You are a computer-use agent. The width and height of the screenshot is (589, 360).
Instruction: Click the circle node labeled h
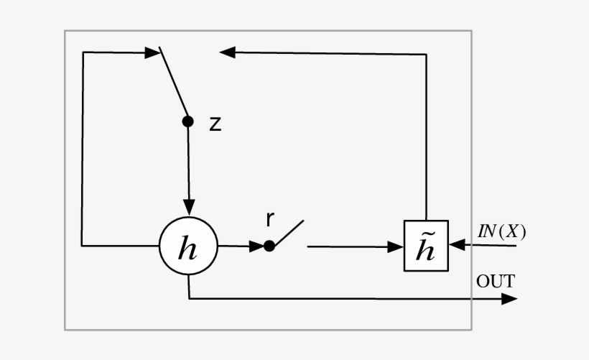pyautogui.click(x=188, y=246)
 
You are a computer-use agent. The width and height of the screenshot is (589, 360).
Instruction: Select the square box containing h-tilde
pyautogui.click(x=426, y=246)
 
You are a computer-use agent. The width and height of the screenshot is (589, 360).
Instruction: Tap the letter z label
pyautogui.click(x=215, y=124)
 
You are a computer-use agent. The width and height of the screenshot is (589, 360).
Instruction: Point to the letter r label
pyautogui.click(x=269, y=220)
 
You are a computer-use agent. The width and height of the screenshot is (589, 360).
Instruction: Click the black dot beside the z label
pyautogui.click(x=188, y=121)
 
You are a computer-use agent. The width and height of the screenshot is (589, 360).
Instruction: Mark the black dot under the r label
pyautogui.click(x=269, y=246)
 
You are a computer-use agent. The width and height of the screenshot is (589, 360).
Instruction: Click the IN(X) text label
pyautogui.click(x=502, y=231)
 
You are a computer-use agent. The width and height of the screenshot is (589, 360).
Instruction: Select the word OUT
pyautogui.click(x=496, y=281)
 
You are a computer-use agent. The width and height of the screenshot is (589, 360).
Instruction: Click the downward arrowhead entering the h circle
pyautogui.click(x=188, y=207)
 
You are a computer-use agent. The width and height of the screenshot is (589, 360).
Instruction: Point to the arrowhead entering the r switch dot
pyautogui.click(x=256, y=246)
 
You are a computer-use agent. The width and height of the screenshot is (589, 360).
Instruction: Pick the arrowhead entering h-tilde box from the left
pyautogui.click(x=395, y=246)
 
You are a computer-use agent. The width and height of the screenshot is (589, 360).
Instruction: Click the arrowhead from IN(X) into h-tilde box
pyautogui.click(x=458, y=246)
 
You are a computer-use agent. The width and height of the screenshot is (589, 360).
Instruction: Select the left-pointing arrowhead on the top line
pyautogui.click(x=228, y=52)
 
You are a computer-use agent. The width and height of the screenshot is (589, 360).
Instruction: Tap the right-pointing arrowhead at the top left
pyautogui.click(x=152, y=52)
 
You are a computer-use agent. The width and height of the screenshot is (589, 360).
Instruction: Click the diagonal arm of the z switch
pyautogui.click(x=173, y=84)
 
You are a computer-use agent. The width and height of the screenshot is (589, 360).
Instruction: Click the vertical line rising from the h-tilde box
pyautogui.click(x=427, y=137)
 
